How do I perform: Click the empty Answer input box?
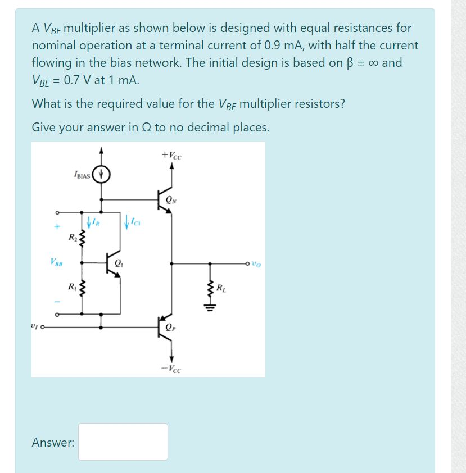point(123,442)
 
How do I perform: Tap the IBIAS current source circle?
point(101,175)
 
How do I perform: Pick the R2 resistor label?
point(73,236)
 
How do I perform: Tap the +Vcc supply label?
point(171,155)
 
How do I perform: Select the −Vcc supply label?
point(171,369)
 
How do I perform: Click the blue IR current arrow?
point(91,222)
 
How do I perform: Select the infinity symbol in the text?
point(372,62)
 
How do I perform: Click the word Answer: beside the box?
point(53,443)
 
